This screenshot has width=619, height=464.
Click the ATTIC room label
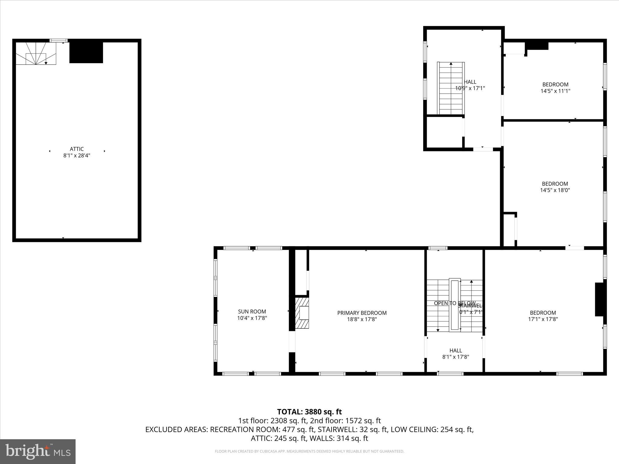point(76,149)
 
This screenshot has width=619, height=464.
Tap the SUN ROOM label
point(252,311)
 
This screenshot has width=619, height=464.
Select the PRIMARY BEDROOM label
point(362,313)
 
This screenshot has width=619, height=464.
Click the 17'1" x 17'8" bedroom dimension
point(543,319)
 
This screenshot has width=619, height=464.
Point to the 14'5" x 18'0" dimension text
point(555,190)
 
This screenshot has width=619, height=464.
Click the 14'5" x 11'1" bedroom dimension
point(555,91)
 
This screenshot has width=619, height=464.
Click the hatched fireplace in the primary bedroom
point(302,313)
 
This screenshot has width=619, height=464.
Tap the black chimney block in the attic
point(86,52)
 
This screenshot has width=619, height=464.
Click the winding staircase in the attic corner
point(36,54)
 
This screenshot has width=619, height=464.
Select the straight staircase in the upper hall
point(451,88)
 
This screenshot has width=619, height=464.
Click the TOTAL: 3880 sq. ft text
point(309,412)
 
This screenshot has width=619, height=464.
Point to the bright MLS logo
point(38,451)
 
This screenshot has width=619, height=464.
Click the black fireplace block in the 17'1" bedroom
point(600,299)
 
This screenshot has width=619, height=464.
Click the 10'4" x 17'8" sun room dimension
point(252,318)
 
